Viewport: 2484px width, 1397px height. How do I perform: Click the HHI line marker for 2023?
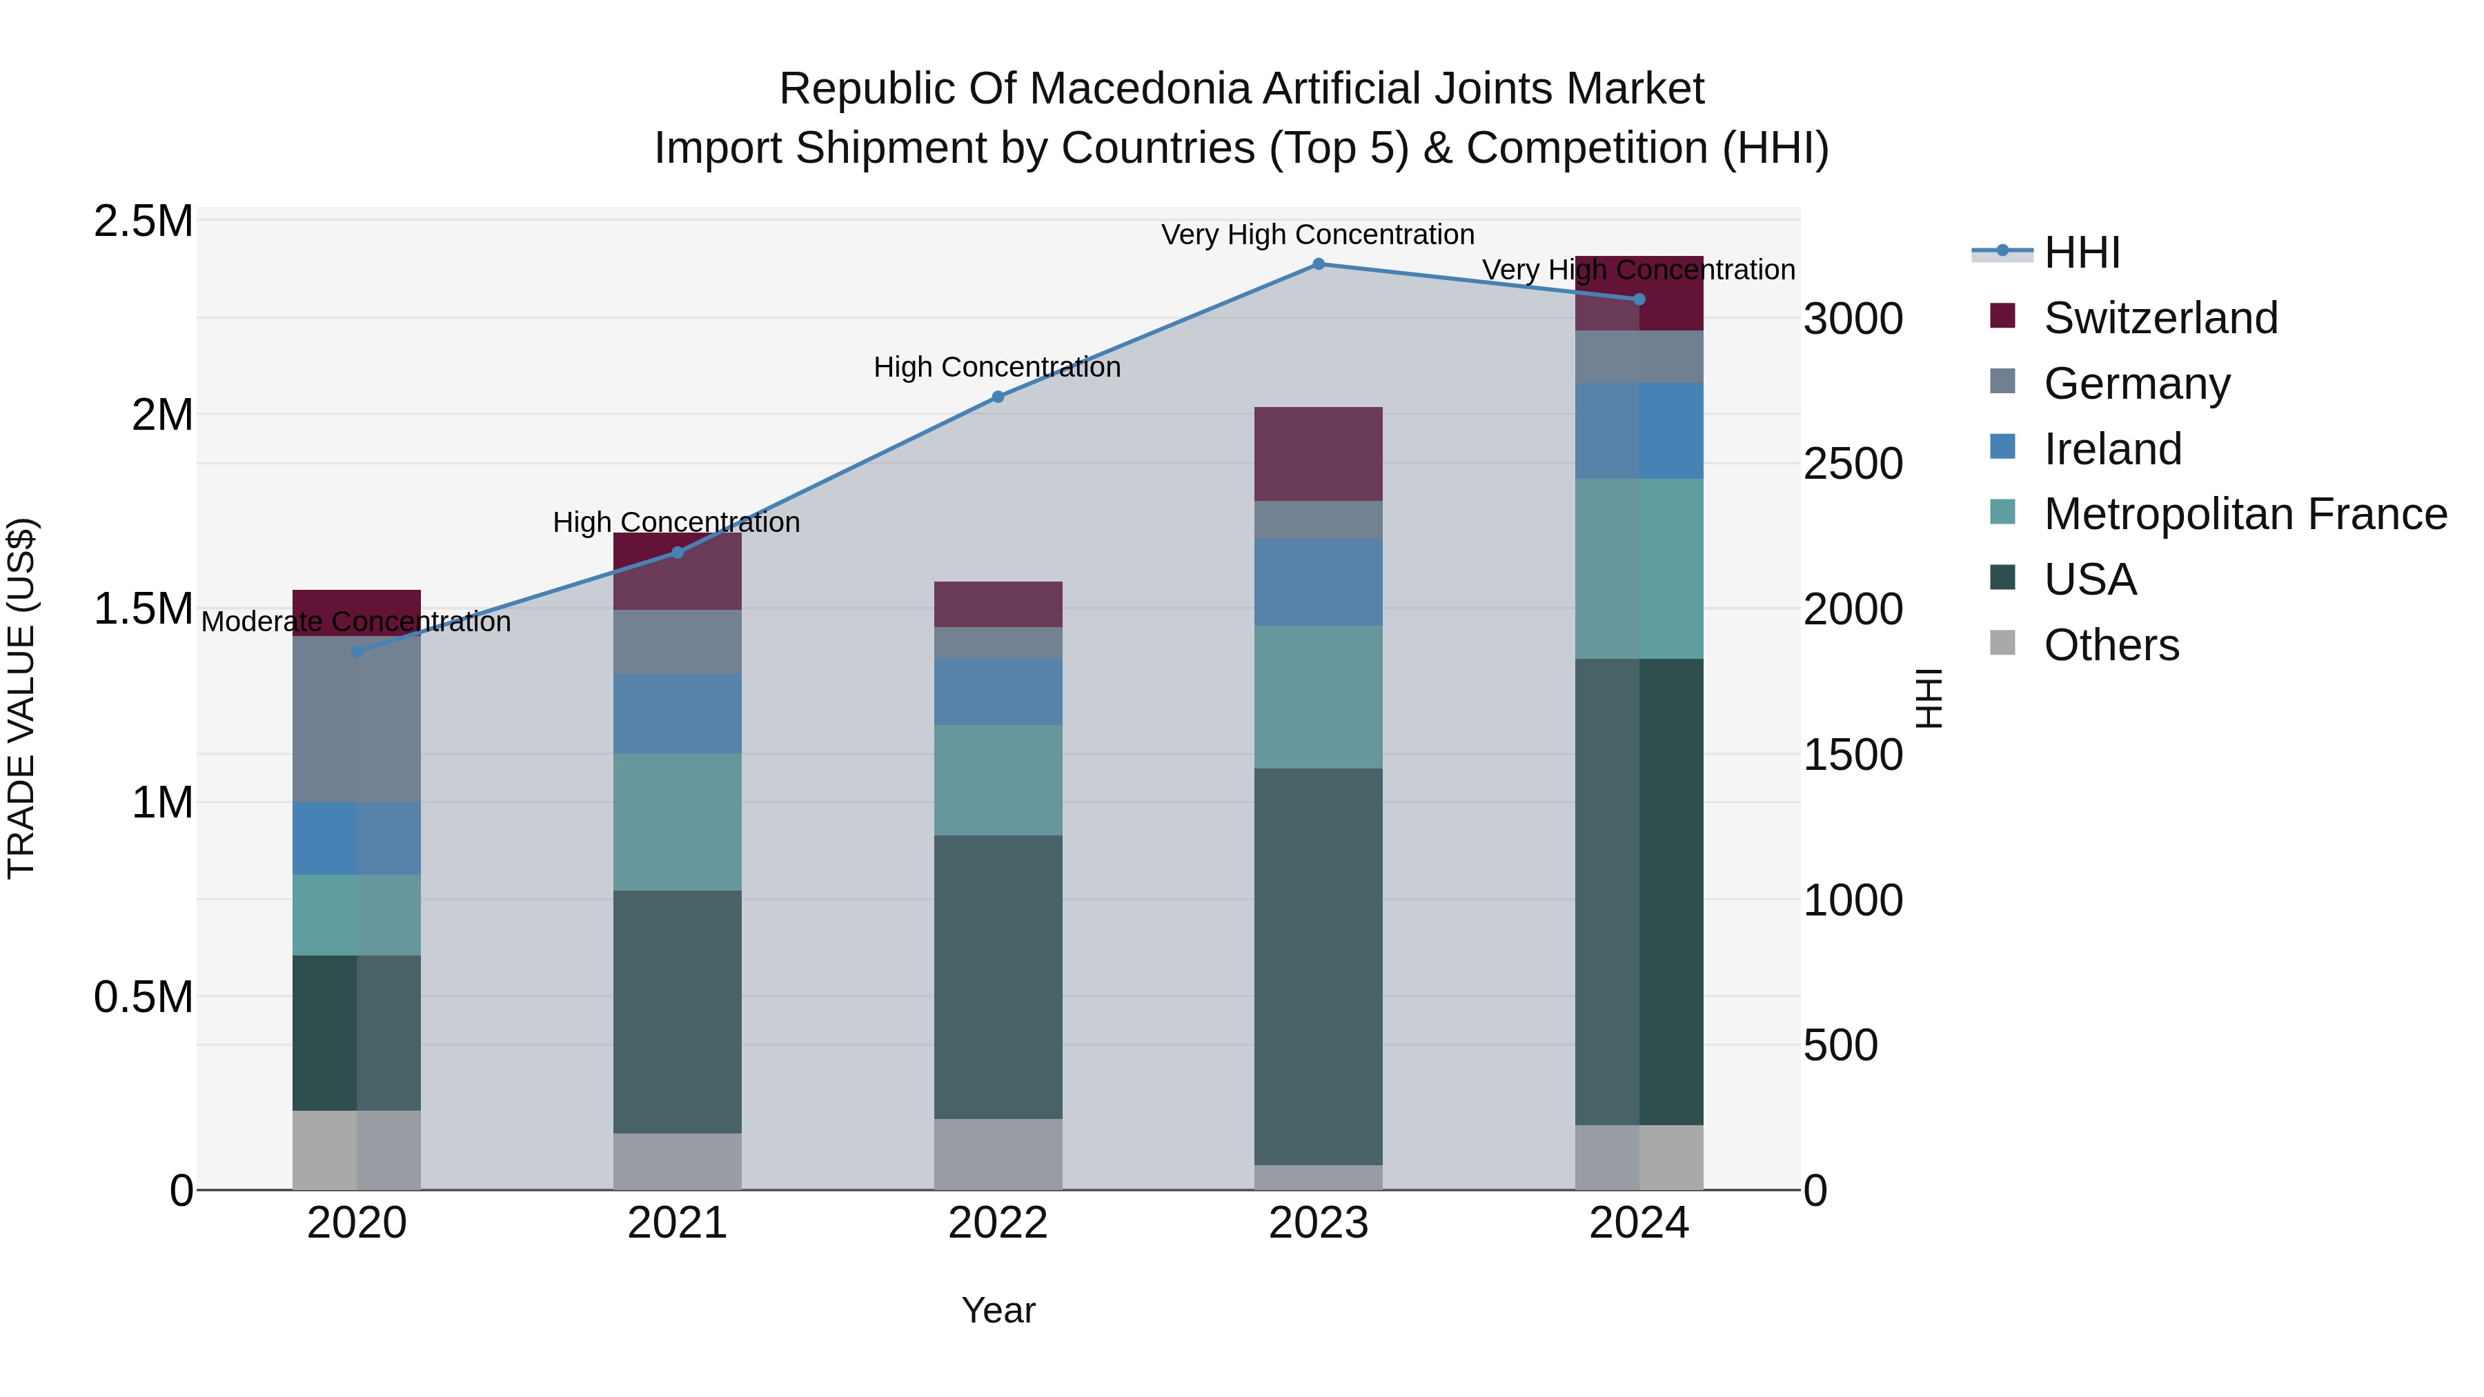coord(1318,264)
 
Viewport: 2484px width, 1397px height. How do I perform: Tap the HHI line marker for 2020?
coord(357,652)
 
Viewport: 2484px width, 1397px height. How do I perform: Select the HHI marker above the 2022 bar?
coord(998,396)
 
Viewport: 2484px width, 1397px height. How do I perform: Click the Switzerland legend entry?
coord(2160,318)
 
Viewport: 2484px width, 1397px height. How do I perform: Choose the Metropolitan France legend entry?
coord(2245,515)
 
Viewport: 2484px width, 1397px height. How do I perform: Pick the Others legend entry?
coord(2111,645)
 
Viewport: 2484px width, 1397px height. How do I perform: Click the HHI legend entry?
coord(2081,252)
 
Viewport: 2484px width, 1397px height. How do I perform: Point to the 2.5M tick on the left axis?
coord(144,221)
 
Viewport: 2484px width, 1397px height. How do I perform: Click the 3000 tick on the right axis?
coord(1853,319)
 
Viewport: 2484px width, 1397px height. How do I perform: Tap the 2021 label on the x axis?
coord(677,1223)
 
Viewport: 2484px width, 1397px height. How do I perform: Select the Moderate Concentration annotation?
coord(356,622)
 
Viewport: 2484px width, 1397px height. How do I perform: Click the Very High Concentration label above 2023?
coord(1317,235)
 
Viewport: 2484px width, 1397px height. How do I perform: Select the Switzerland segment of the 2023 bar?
coord(1318,453)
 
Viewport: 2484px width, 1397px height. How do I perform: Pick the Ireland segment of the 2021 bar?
coord(677,713)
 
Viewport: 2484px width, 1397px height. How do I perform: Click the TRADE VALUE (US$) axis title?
coord(21,698)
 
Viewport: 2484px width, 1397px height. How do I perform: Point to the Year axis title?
coord(998,1310)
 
